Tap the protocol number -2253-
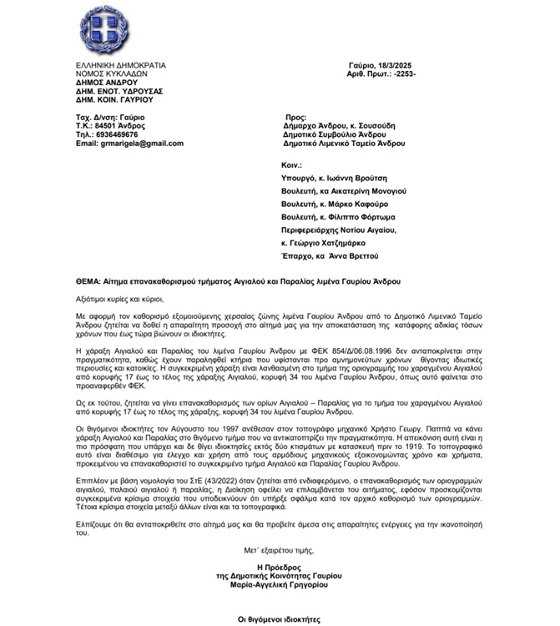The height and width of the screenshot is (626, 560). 399,73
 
